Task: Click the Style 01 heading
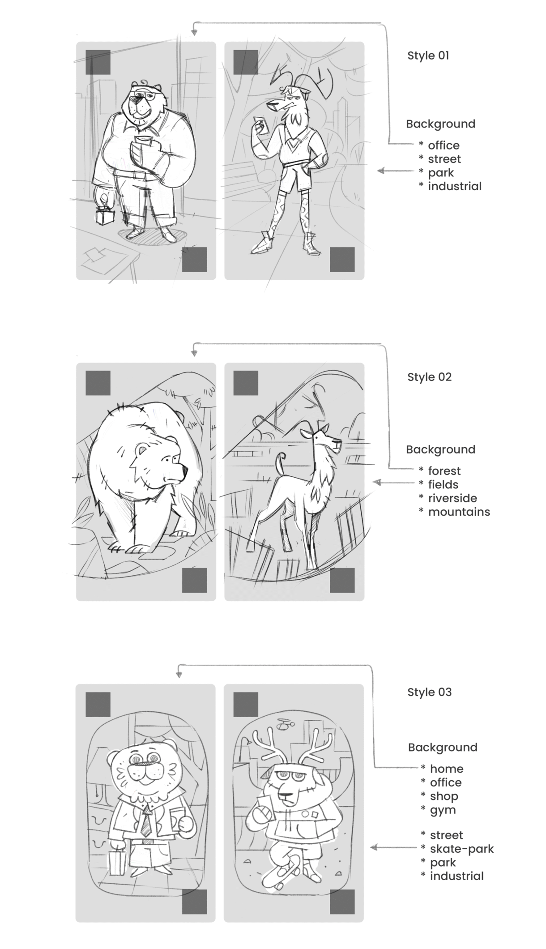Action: click(x=428, y=56)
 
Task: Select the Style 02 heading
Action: click(x=429, y=377)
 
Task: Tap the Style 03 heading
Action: click(x=429, y=692)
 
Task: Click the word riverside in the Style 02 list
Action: click(x=452, y=498)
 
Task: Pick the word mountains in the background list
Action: click(x=459, y=512)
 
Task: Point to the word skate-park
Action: click(x=462, y=849)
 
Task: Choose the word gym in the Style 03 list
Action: click(x=443, y=810)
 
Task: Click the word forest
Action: click(x=444, y=471)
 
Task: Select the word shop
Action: click(x=444, y=796)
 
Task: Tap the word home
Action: click(x=447, y=769)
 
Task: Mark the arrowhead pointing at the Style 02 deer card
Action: click(x=377, y=482)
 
